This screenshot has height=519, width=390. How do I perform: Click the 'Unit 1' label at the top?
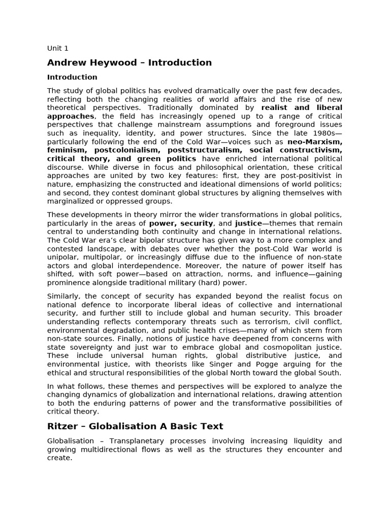tap(57, 48)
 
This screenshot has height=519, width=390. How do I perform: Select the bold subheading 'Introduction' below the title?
tap(72, 77)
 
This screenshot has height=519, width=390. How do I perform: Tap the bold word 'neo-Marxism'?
tap(315, 142)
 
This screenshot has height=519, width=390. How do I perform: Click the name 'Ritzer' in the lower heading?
tap(63, 426)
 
